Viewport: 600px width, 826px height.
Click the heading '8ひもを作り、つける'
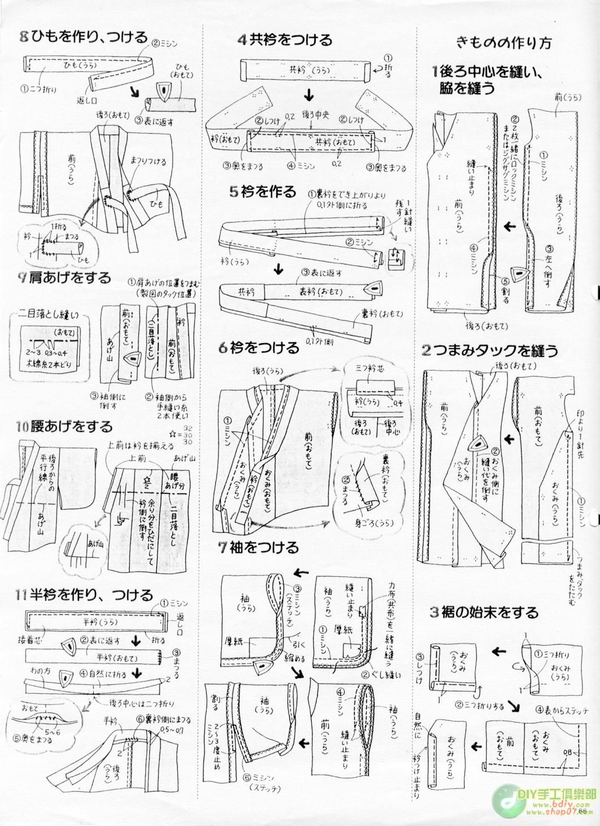[x=83, y=37]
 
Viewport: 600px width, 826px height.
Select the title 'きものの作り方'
[x=503, y=43]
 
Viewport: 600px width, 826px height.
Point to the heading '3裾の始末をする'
[x=484, y=612]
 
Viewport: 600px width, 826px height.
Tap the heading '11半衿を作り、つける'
[x=84, y=595]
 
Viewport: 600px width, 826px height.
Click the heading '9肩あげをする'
[x=64, y=277]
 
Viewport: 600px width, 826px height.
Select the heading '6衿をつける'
[x=259, y=348]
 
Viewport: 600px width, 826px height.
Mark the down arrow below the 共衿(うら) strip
[x=309, y=93]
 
